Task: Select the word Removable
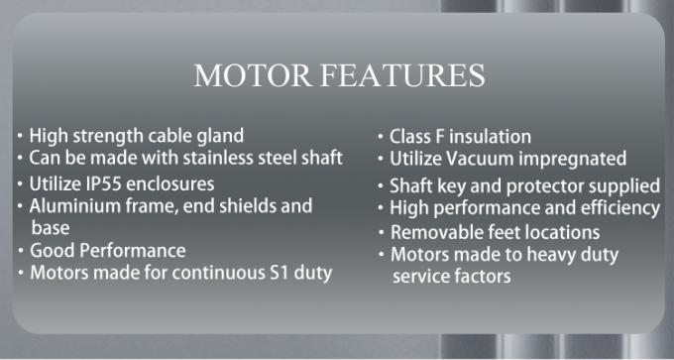[435, 233]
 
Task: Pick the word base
[50, 227]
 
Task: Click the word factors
[481, 277]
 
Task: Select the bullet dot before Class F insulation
[382, 134]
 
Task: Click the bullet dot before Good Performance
[22, 248]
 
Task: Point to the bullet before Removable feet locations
[382, 231]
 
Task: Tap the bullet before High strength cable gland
[22, 133]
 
